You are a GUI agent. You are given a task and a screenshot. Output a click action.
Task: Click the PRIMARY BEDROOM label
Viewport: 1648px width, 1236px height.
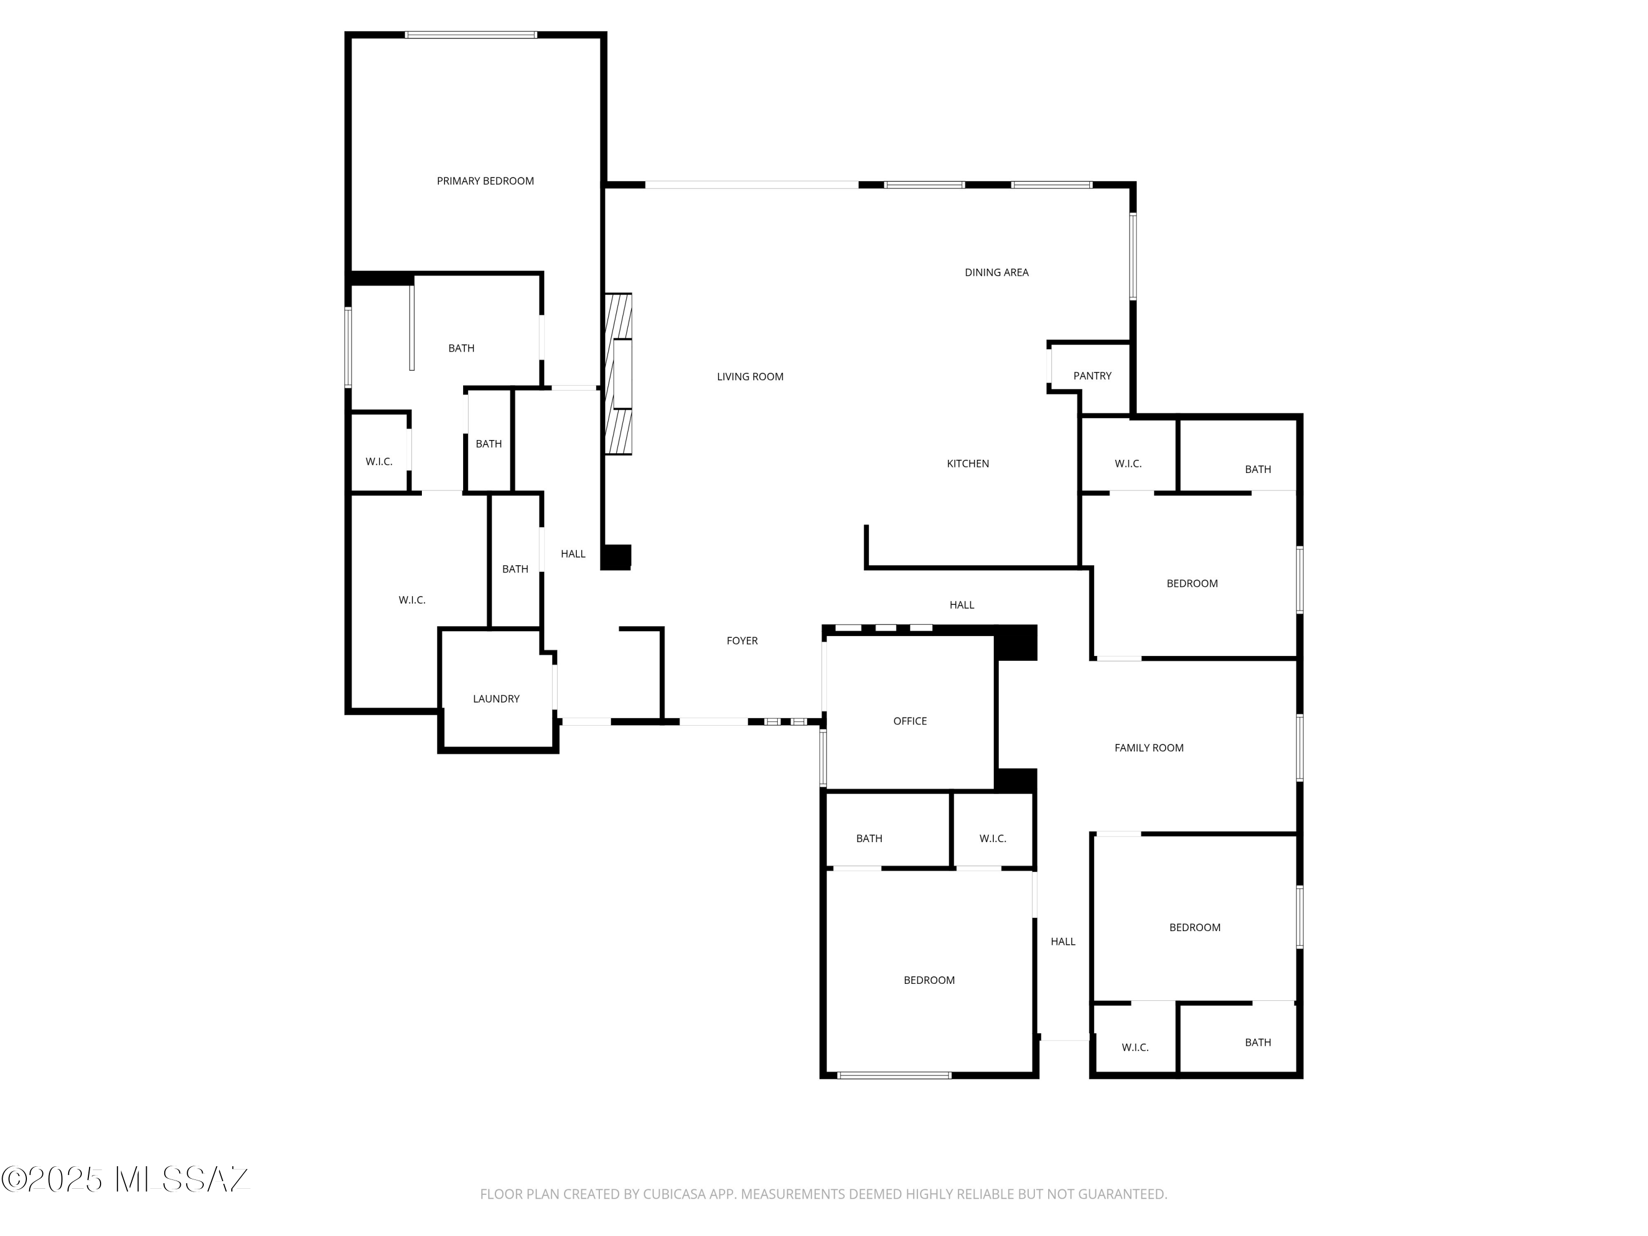(485, 181)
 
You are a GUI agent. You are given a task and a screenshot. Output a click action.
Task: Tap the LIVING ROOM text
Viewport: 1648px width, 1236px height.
(749, 377)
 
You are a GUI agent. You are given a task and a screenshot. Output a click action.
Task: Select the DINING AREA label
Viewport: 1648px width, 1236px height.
(996, 272)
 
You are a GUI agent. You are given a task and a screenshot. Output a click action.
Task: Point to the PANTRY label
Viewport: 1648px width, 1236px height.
(1092, 376)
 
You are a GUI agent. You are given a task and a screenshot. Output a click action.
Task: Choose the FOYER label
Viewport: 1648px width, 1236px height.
(742, 641)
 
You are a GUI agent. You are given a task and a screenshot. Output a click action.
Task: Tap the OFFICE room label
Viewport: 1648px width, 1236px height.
(910, 721)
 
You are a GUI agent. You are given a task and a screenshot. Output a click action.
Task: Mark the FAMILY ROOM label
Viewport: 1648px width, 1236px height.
(1148, 748)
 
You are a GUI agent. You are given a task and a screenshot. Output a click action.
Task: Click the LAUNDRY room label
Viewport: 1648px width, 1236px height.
(496, 699)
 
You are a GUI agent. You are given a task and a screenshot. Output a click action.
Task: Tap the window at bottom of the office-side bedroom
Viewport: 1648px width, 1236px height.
(894, 1075)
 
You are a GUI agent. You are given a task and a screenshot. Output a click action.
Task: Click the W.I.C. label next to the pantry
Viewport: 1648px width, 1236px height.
(1127, 464)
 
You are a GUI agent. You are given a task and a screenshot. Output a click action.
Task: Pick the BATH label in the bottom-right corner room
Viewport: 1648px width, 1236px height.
(1257, 1042)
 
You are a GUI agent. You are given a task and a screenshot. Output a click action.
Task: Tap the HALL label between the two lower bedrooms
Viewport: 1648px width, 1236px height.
(1062, 942)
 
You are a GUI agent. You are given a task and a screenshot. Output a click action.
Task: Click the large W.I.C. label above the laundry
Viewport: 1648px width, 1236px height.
(412, 600)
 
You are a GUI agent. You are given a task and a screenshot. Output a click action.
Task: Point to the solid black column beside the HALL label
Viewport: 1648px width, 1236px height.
(616, 557)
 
